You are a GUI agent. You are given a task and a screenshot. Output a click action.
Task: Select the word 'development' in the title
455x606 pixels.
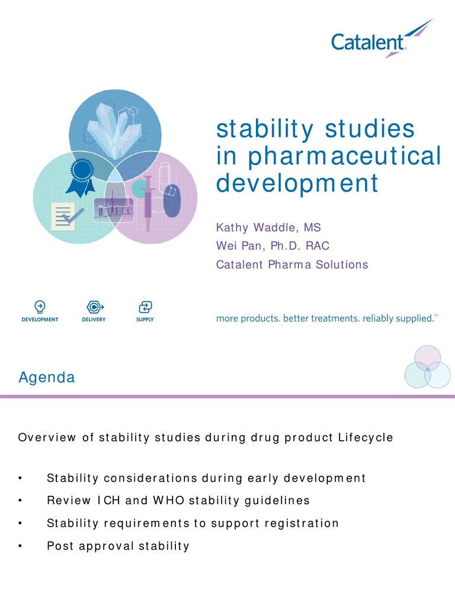point(297,183)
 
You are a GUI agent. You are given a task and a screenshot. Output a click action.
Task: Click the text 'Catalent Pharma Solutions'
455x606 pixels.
point(292,265)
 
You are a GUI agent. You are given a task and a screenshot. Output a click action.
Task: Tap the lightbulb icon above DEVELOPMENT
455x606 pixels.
point(40,307)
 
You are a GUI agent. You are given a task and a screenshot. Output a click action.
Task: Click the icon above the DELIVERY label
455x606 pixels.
point(94,307)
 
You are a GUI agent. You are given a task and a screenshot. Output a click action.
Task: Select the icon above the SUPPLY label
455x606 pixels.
point(145,307)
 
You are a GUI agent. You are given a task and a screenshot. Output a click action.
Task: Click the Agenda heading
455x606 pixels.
point(47,378)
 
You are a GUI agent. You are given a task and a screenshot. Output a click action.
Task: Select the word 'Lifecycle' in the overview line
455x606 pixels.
point(366,437)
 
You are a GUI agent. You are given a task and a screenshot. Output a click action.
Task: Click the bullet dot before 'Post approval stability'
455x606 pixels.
point(21,546)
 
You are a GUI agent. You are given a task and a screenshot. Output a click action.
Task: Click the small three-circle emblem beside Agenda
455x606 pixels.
point(427,368)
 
